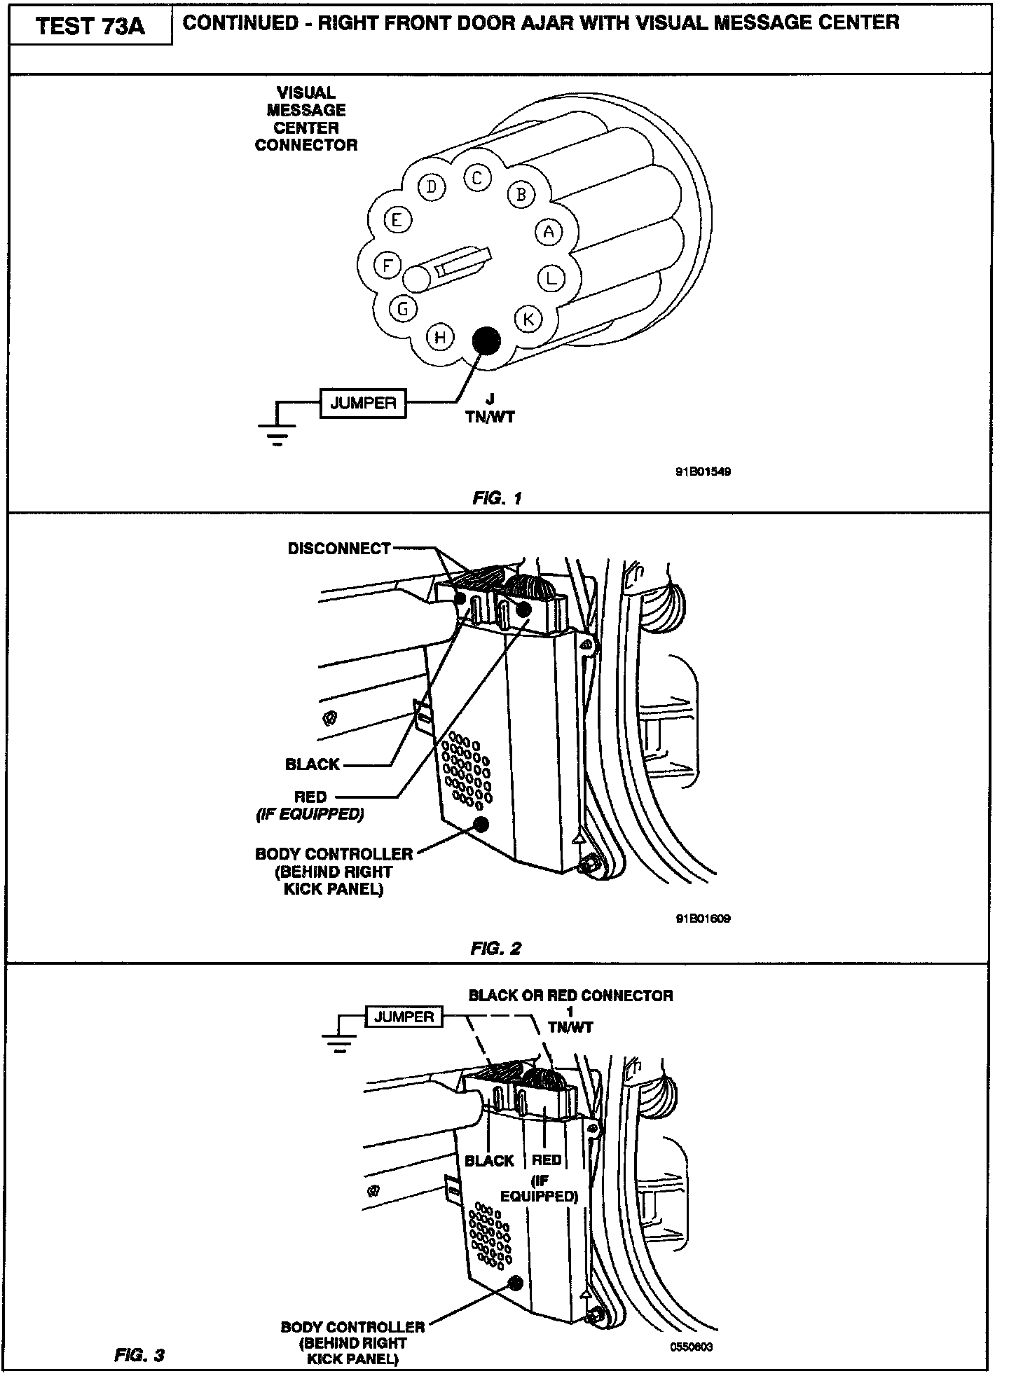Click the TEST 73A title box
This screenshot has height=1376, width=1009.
[90, 27]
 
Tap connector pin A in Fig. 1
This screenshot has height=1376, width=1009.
[549, 232]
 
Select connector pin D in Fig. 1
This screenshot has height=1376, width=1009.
[432, 186]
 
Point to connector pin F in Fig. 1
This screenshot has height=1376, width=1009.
[387, 265]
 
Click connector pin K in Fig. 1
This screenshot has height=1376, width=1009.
[528, 319]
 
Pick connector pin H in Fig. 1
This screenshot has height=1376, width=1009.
[440, 337]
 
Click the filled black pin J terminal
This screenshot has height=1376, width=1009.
[486, 340]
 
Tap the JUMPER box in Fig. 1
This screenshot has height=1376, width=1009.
[363, 403]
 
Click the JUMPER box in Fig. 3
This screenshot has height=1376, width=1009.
[404, 1017]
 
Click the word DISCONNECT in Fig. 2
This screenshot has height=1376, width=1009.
[339, 549]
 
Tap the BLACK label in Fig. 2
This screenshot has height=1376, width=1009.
[313, 764]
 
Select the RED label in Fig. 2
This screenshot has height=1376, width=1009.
[310, 797]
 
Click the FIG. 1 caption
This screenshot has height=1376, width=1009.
[497, 499]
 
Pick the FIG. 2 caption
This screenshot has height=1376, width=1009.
[496, 949]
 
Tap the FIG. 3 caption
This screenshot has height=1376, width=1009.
[139, 1356]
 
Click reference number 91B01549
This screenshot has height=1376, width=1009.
[703, 472]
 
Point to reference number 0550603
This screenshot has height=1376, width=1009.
[691, 1347]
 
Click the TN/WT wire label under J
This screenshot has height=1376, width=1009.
[490, 418]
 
